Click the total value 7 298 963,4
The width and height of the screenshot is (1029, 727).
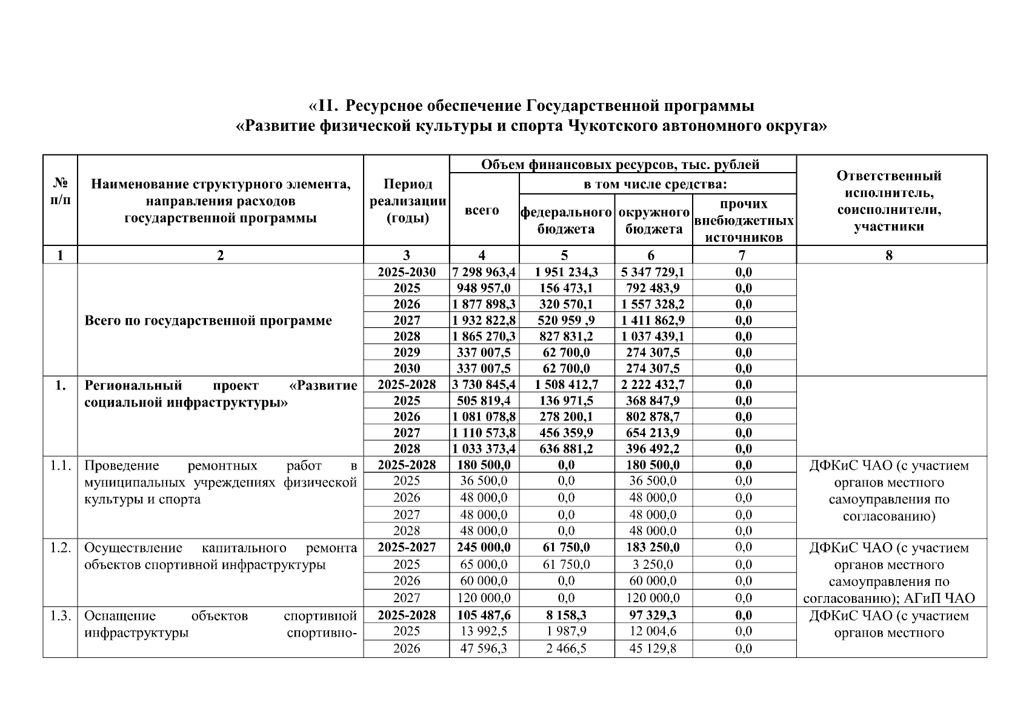484,272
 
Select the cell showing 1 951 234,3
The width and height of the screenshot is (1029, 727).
566,272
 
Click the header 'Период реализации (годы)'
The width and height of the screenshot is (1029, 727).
407,201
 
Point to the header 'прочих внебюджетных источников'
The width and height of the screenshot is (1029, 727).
744,221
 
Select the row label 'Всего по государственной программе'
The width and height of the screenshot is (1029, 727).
208,320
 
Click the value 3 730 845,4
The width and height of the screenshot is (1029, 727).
484,385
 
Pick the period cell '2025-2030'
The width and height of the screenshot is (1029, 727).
406,272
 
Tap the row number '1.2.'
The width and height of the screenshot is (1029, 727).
60,548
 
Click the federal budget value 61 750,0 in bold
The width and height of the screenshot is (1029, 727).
566,547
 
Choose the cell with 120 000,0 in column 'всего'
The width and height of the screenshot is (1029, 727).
484,598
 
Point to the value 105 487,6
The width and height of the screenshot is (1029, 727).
484,615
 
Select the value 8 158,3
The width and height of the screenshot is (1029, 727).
566,615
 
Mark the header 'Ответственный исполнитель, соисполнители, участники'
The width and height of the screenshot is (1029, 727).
888,201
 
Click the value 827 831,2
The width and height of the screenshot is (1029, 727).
566,336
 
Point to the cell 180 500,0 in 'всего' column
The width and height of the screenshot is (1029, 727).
484,465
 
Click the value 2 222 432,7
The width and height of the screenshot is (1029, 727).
652,385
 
